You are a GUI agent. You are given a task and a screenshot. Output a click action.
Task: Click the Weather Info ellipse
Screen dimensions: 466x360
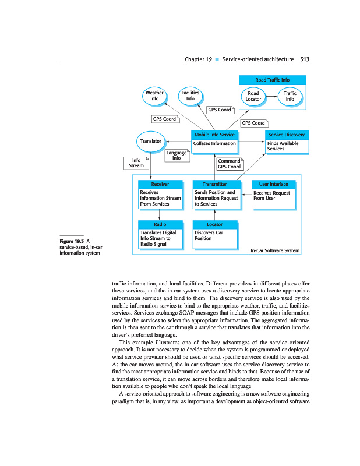(x=154, y=96)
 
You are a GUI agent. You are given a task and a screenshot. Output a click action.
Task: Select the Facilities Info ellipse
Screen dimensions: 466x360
(x=190, y=96)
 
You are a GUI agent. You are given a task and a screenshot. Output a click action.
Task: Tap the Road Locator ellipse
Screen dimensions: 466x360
(x=253, y=96)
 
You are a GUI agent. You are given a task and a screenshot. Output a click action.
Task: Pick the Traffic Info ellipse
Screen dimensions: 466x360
(x=290, y=96)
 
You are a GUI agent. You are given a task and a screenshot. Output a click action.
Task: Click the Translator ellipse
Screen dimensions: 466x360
(x=151, y=140)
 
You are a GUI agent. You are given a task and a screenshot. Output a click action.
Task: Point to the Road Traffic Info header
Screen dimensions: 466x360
(x=272, y=80)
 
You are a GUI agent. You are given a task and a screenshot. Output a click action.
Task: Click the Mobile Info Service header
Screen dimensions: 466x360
(x=214, y=135)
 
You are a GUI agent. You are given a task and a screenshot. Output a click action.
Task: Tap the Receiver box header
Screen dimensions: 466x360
(x=160, y=184)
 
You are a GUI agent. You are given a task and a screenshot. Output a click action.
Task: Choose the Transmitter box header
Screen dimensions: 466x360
(x=214, y=184)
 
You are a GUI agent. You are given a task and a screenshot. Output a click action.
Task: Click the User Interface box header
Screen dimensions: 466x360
(x=274, y=184)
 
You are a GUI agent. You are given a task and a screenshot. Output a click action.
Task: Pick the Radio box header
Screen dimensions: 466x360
(x=160, y=224)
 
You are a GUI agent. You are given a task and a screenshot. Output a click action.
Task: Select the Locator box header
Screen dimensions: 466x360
(x=214, y=224)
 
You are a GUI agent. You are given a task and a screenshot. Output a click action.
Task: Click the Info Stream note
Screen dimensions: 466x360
(x=136, y=163)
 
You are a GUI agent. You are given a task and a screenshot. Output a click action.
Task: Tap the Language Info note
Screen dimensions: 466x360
(x=177, y=155)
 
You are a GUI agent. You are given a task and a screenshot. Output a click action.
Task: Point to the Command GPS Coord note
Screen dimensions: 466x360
(x=229, y=164)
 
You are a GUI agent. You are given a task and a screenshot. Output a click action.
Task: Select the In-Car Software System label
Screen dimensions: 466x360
(x=274, y=251)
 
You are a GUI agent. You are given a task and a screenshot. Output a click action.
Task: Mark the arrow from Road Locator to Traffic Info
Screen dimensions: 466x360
(x=271, y=96)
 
